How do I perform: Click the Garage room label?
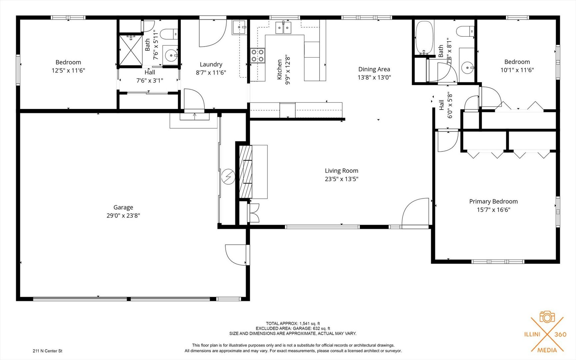tap(123, 207)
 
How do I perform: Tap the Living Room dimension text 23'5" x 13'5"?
tap(341, 179)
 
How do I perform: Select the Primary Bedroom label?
tap(493, 201)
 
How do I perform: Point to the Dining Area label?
tap(374, 69)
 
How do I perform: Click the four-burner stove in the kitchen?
tap(258, 56)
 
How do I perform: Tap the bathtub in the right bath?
tap(424, 38)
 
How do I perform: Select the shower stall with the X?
tap(131, 50)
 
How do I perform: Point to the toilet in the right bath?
tap(465, 31)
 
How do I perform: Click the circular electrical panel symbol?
tap(228, 177)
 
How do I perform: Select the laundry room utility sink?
tap(239, 27)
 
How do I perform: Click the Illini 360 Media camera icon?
tap(547, 317)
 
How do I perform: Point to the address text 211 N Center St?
tap(48, 351)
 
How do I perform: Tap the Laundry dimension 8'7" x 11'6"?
tap(211, 73)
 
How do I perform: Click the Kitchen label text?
tap(280, 70)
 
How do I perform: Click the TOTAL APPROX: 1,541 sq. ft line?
tap(293, 323)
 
